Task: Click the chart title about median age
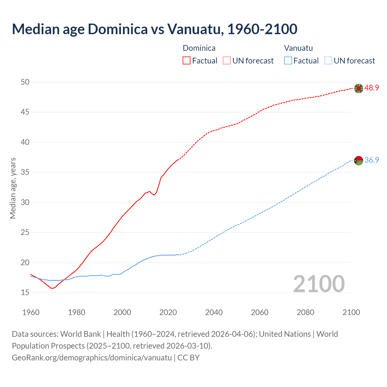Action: point(154,29)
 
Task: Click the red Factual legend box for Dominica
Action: point(187,60)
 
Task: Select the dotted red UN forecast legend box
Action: point(227,60)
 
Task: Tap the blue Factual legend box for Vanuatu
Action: point(288,60)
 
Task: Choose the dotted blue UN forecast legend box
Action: point(328,60)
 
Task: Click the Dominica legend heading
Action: point(199,48)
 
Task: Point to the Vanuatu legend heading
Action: point(298,48)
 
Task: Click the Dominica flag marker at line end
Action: point(359,88)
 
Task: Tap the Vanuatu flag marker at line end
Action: point(359,160)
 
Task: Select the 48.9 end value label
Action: point(372,88)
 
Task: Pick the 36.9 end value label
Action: point(372,160)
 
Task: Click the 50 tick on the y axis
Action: point(25,82)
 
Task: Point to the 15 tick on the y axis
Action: point(25,292)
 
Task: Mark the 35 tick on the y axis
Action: point(25,172)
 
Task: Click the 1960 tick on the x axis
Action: point(31,312)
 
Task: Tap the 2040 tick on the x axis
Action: point(214,312)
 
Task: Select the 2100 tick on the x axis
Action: point(351,312)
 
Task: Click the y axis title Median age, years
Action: point(13,188)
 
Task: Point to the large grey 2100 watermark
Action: point(319,284)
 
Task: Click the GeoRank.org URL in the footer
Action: point(92,357)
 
